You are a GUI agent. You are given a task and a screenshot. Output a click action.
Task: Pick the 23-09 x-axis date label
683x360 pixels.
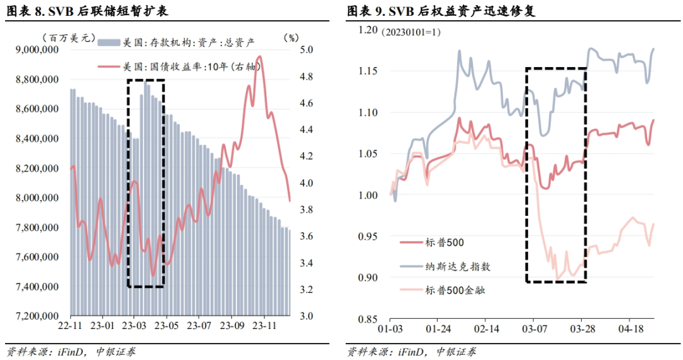click(231, 326)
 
